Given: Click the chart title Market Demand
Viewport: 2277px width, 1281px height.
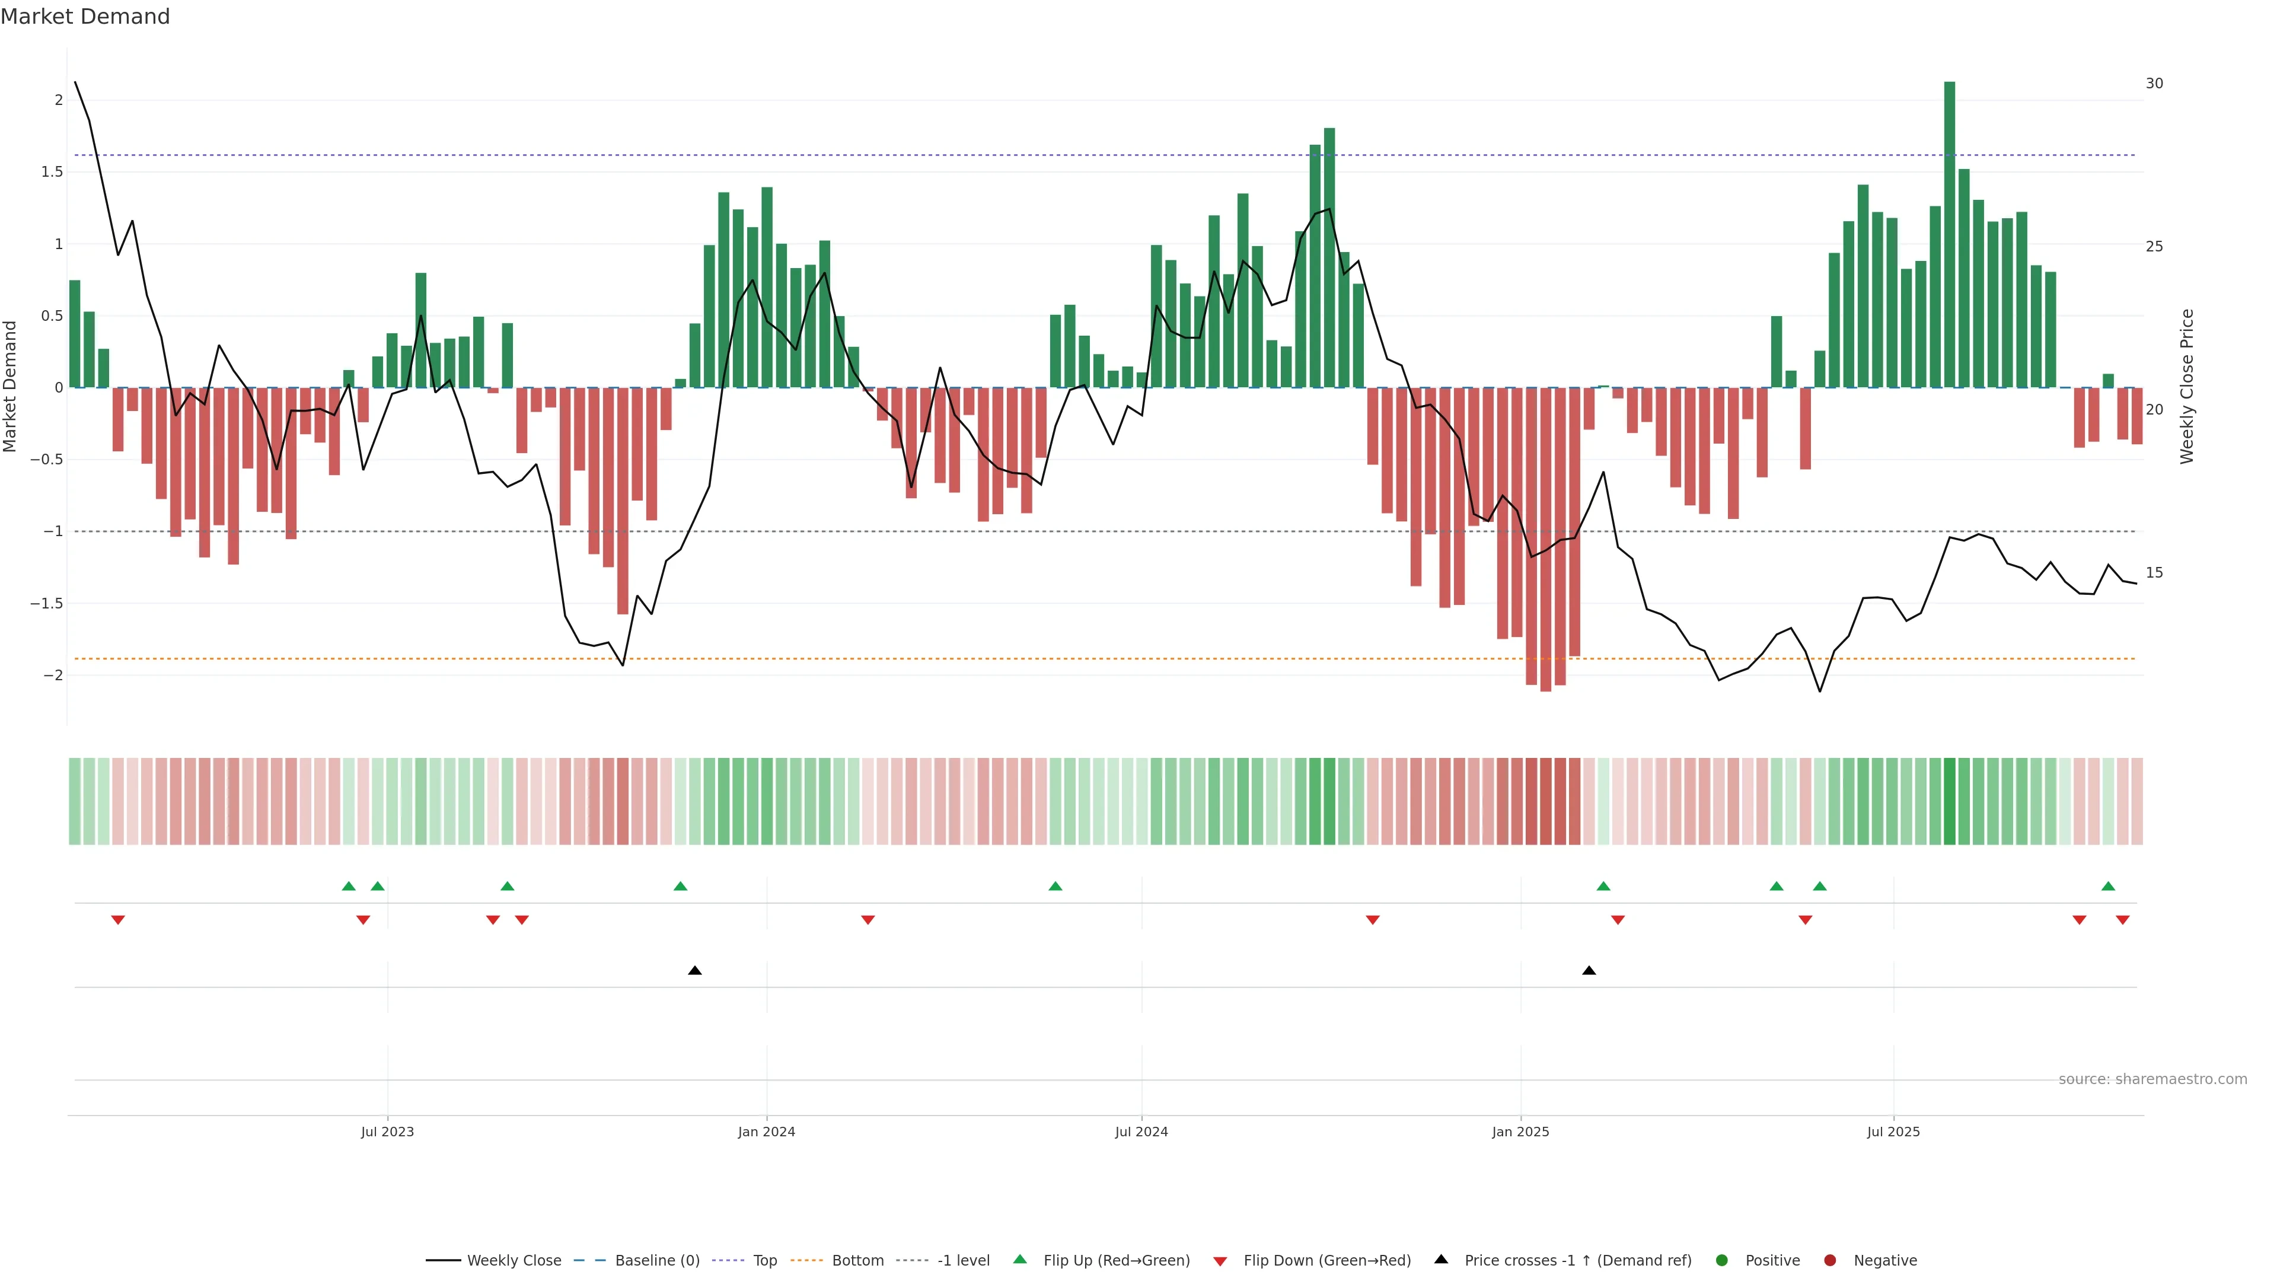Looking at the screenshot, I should point(85,17).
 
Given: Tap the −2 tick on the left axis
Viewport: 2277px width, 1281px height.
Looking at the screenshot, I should point(52,675).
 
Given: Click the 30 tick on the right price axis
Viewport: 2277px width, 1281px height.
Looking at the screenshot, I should point(2154,83).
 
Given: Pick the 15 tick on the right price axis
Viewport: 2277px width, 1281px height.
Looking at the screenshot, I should point(2154,573).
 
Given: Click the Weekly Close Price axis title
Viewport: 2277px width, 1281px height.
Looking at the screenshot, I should point(2187,386).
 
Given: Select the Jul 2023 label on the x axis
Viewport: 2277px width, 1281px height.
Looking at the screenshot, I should point(387,1132).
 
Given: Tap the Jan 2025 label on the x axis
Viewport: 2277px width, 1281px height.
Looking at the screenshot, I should point(1520,1132).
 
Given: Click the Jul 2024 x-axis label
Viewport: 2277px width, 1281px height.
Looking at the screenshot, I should point(1141,1132).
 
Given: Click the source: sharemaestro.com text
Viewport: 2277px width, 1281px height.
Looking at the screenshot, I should point(2152,1079).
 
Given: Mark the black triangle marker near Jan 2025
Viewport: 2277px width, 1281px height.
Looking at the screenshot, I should point(1589,971).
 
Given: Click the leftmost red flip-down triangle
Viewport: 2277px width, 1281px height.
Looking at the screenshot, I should point(117,920).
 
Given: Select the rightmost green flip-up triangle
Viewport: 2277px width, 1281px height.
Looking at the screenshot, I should point(2108,886).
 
